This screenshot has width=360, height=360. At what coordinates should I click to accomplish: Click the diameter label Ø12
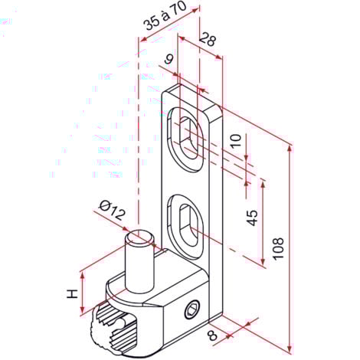point(113,210)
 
